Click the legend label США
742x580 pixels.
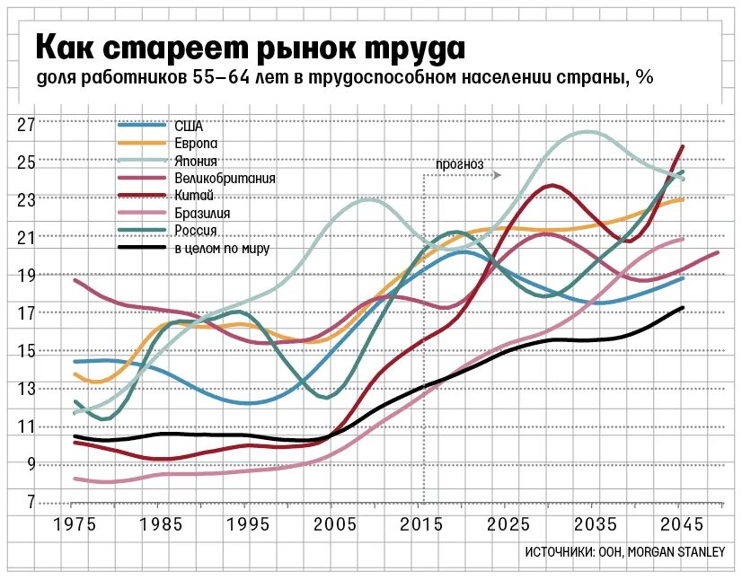[x=188, y=127]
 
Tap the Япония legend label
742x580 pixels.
[x=196, y=162]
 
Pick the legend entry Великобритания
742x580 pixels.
[x=224, y=179]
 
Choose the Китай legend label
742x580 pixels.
[x=192, y=196]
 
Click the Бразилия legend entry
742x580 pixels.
[x=202, y=214]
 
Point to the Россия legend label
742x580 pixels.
[x=197, y=231]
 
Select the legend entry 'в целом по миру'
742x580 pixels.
[x=222, y=249]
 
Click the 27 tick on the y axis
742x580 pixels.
[x=26, y=124]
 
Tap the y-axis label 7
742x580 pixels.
[x=30, y=502]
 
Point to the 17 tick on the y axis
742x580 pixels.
[x=26, y=313]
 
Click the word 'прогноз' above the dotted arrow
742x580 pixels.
[x=459, y=164]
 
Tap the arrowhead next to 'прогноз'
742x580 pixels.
[x=497, y=175]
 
